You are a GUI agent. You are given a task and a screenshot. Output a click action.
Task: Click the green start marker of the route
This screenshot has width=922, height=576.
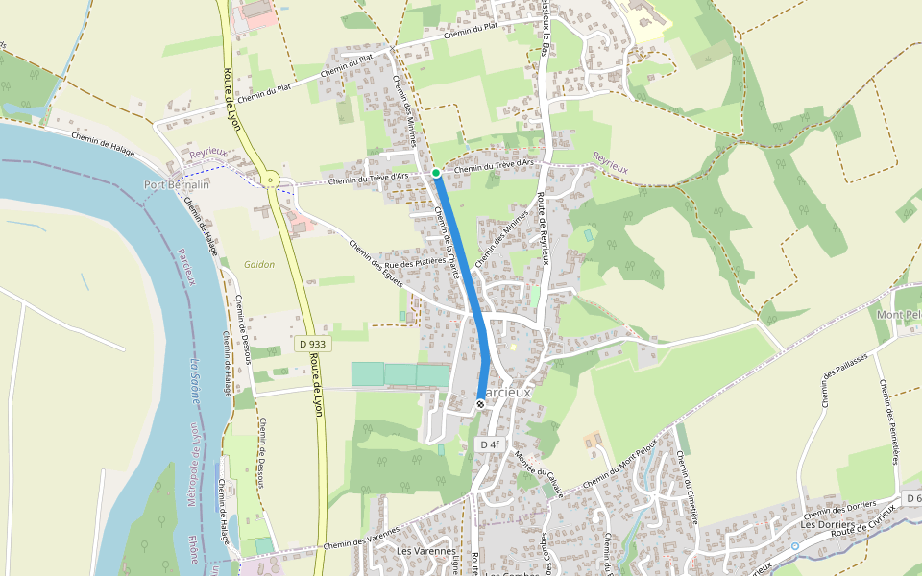(x=436, y=173)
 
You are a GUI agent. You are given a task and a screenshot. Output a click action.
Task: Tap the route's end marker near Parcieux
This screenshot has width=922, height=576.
(x=480, y=404)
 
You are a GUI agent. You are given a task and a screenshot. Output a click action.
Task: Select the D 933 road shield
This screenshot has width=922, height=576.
(x=311, y=343)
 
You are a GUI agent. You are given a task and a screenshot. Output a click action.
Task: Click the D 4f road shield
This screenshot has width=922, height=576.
(x=490, y=444)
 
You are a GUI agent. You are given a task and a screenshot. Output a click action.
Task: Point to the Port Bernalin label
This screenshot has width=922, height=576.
(x=176, y=184)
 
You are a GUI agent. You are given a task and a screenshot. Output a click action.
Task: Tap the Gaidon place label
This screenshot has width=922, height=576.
(x=259, y=264)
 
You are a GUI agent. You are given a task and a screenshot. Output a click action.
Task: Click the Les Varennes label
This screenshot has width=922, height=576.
(x=425, y=551)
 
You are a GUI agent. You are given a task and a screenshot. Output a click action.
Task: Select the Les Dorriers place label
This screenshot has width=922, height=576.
(x=823, y=525)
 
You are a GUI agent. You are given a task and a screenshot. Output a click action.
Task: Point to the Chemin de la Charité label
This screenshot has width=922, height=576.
(x=448, y=240)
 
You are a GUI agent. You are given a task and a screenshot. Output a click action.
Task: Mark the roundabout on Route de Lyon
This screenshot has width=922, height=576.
(x=272, y=179)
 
